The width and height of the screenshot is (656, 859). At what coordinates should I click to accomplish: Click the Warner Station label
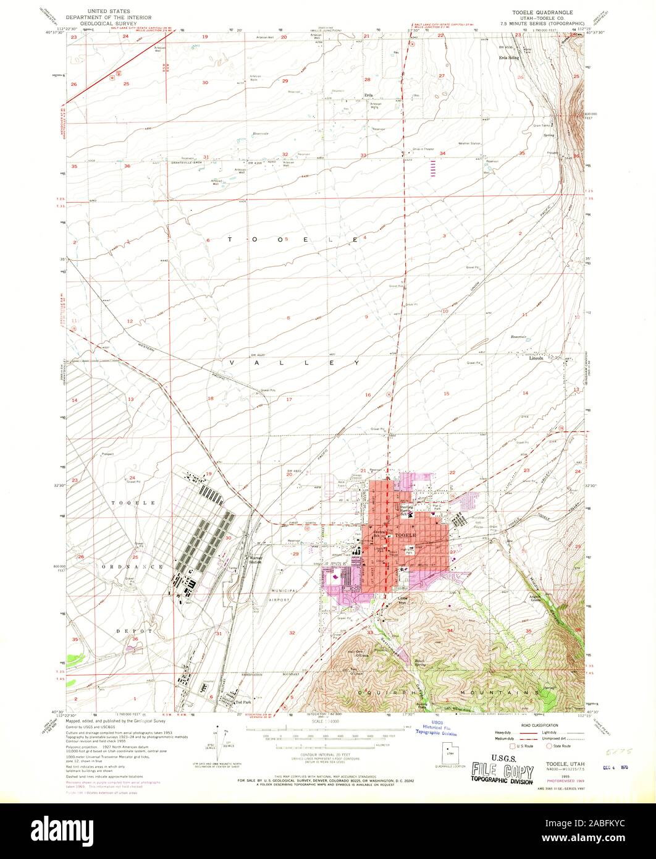(255, 561)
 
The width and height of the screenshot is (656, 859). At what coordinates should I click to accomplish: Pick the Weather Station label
(469, 144)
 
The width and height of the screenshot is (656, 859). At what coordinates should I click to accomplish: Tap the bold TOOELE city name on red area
(406, 533)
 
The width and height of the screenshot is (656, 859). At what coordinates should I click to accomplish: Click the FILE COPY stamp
(502, 771)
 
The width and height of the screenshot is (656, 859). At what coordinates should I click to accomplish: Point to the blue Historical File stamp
(436, 731)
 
